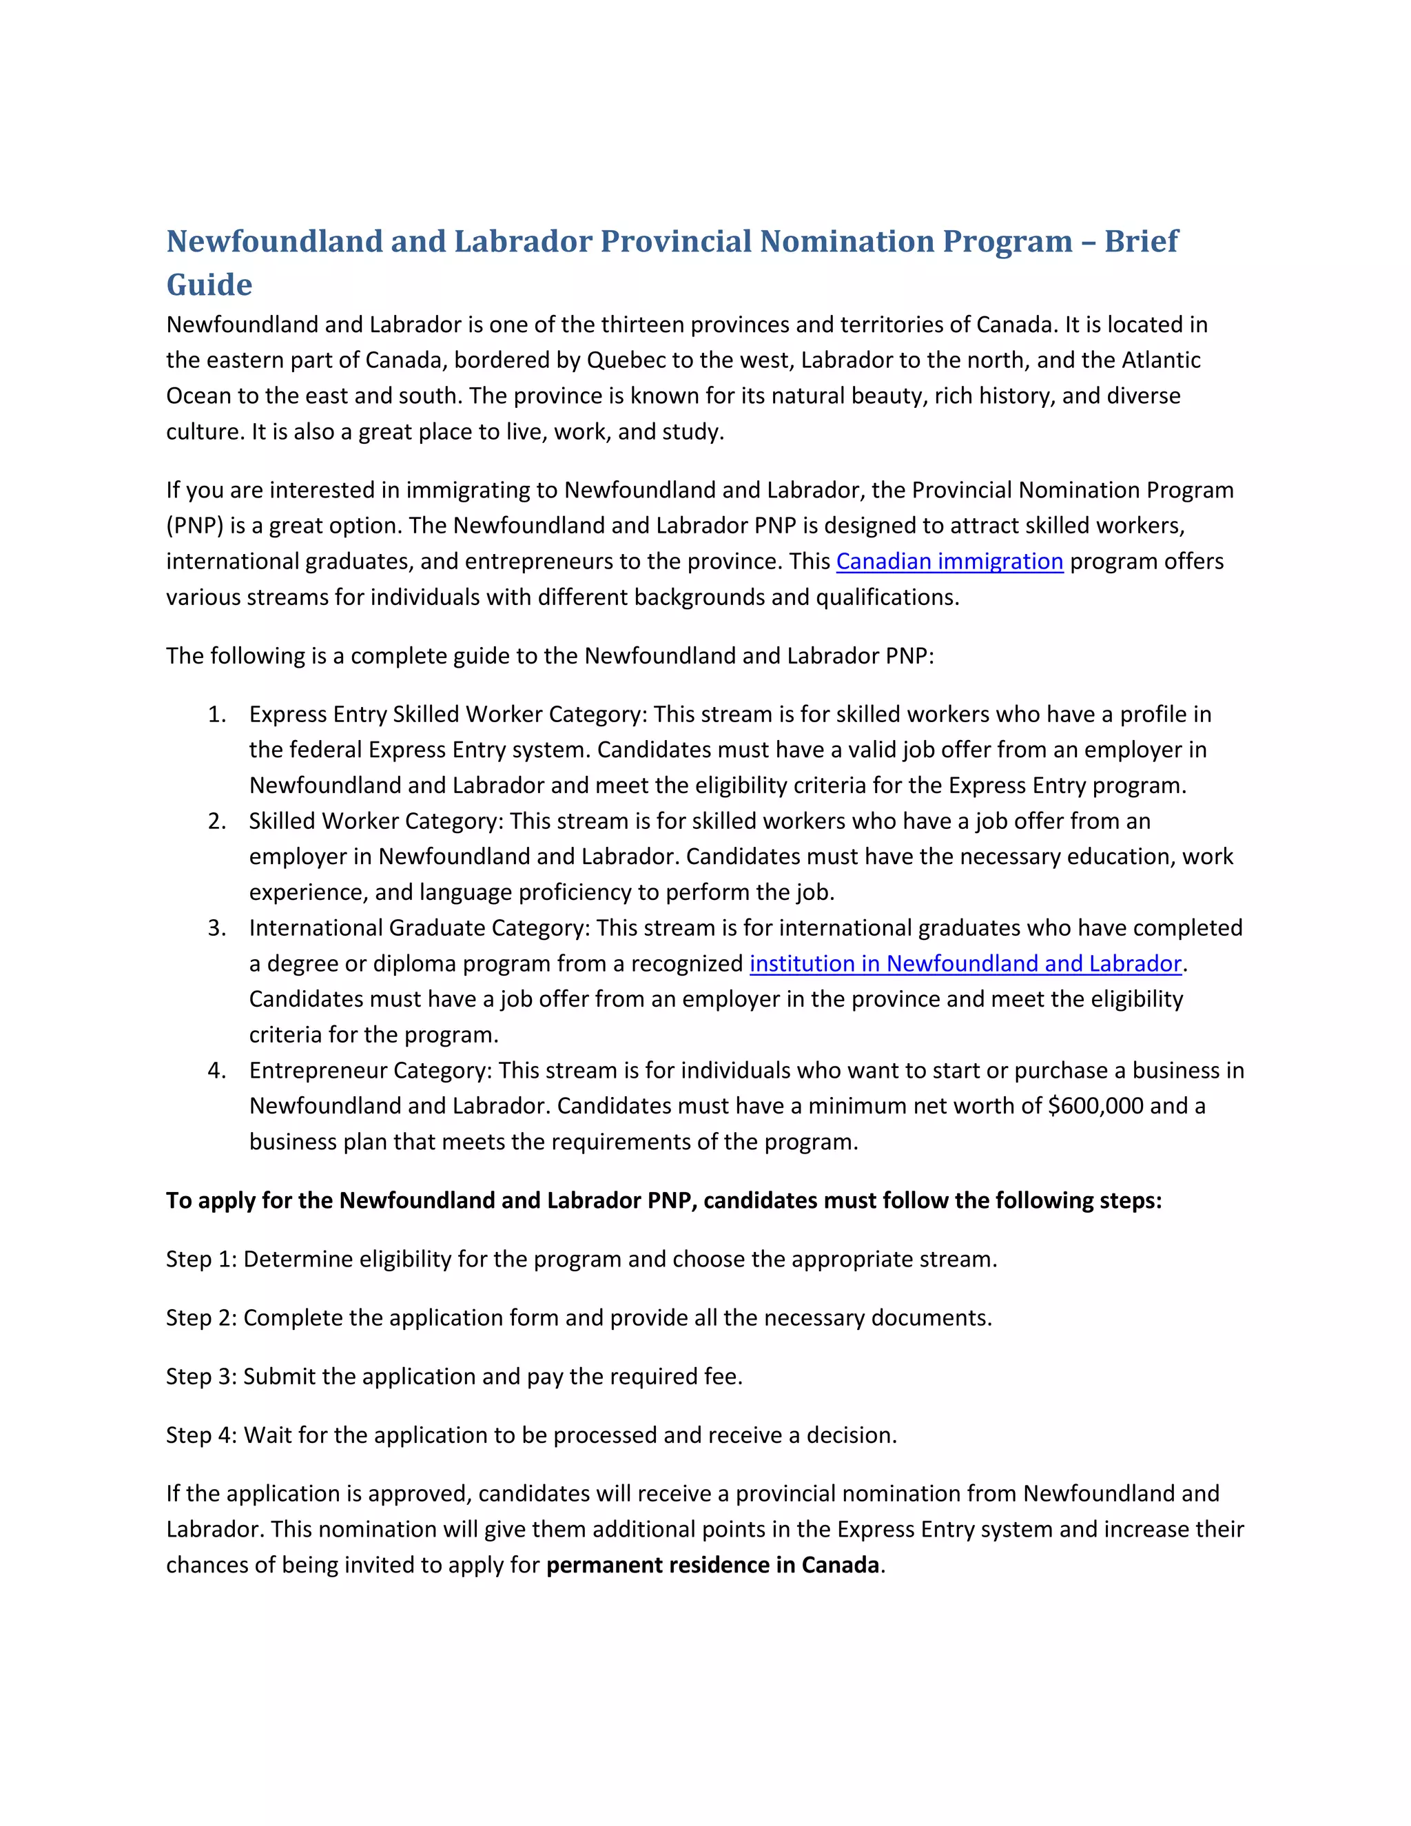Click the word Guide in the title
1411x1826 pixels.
click(x=209, y=285)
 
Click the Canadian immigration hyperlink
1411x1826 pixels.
click(x=949, y=561)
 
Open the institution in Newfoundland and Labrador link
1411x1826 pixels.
click(x=965, y=963)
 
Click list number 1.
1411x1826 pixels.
click(x=216, y=714)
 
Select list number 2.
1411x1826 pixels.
click(x=216, y=821)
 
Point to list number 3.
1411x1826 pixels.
click(x=216, y=928)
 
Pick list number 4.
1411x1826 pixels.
click(x=216, y=1070)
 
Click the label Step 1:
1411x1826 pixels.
click(x=201, y=1259)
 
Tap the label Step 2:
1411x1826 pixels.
click(x=201, y=1317)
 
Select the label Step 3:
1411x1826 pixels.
click(x=201, y=1376)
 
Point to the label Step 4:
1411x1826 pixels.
click(x=201, y=1435)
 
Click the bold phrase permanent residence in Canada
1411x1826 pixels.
click(x=712, y=1564)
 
